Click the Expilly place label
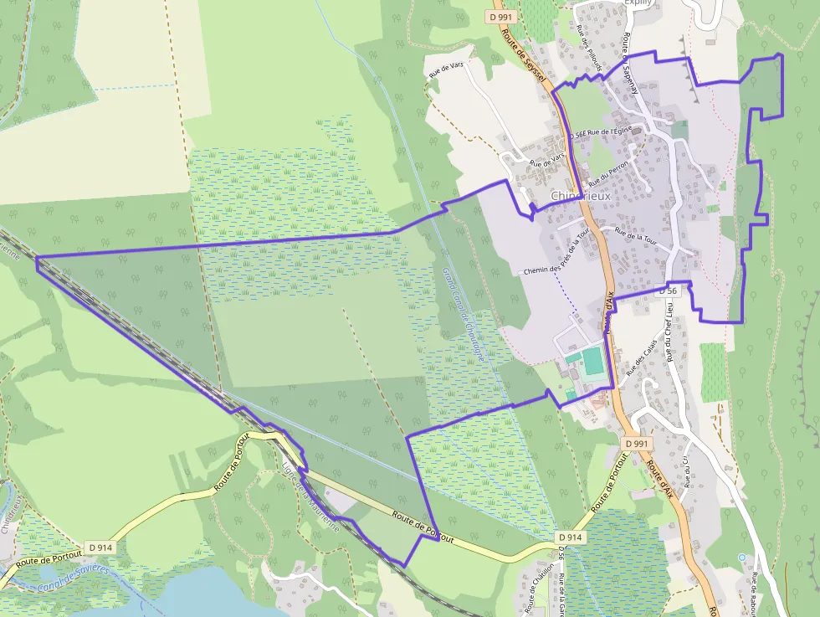pos(638,3)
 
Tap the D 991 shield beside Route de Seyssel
pos(504,17)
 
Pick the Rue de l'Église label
pos(607,131)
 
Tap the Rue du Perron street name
pos(607,172)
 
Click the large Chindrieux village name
pos(582,195)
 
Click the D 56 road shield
pos(667,290)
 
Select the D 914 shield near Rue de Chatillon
pos(569,537)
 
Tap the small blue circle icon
pos(741,557)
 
